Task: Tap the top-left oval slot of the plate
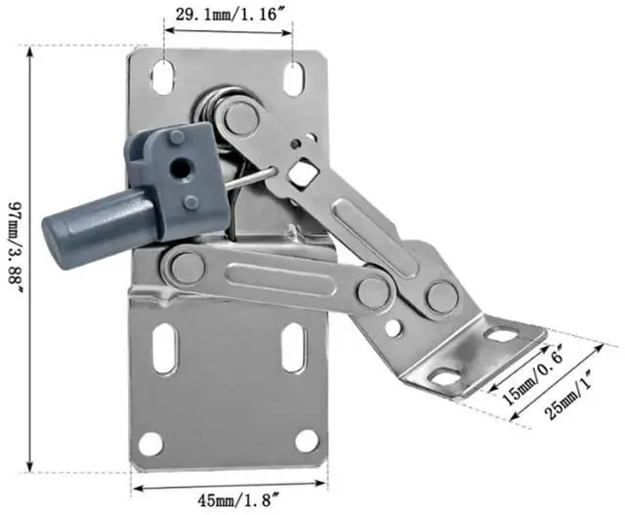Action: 163,77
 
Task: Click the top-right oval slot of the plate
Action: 295,79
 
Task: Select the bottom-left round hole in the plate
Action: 150,444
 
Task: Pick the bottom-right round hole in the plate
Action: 308,441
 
